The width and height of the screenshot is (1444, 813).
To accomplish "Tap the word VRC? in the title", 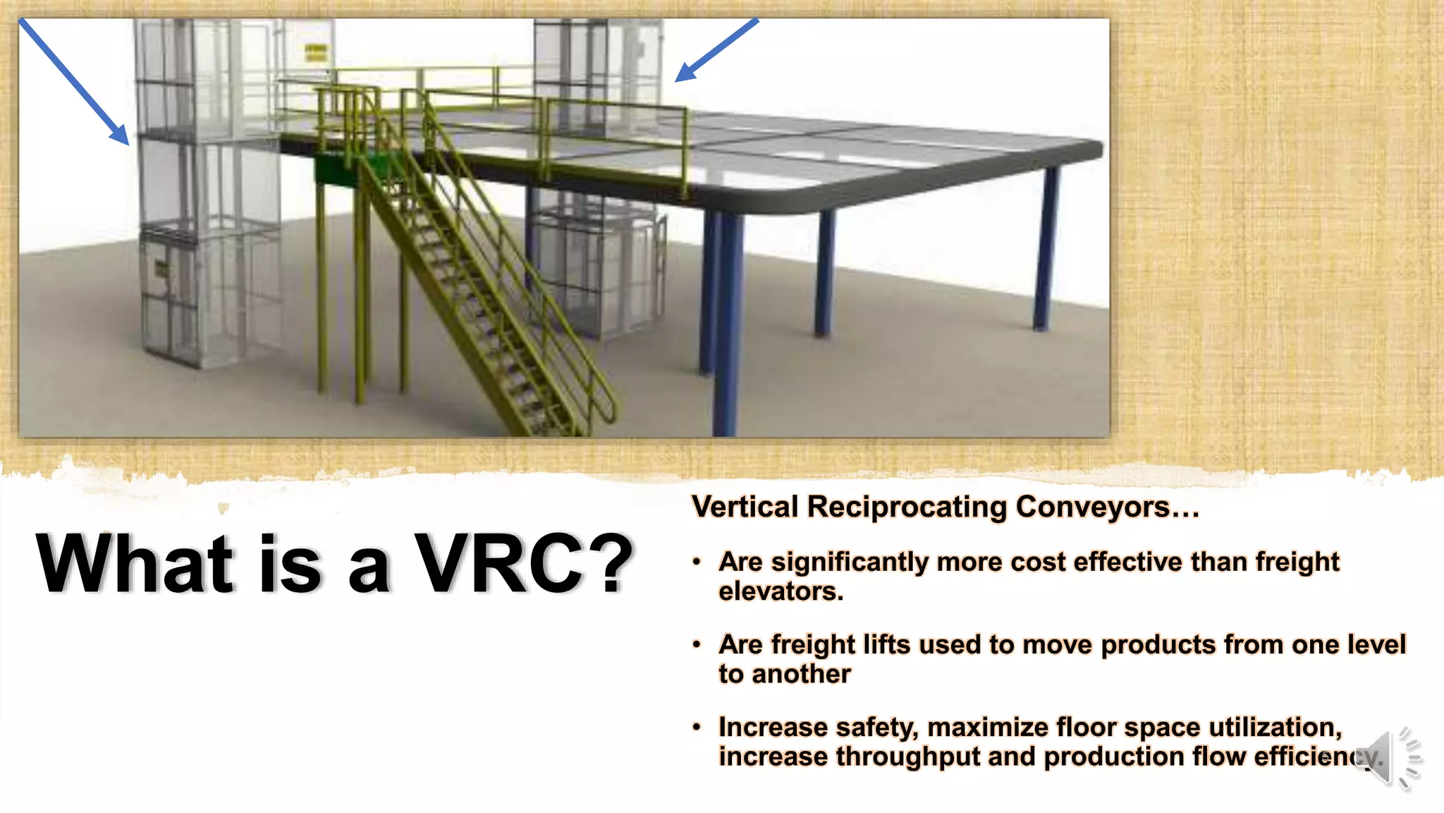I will pos(524,564).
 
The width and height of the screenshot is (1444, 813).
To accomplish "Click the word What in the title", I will pos(134,564).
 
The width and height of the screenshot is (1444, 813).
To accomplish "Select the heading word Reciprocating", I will pos(907,507).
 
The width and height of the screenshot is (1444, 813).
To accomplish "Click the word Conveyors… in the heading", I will pos(1107,507).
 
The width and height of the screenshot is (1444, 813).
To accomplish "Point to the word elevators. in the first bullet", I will pos(781,591).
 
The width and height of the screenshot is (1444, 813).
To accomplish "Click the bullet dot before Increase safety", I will pos(697,727).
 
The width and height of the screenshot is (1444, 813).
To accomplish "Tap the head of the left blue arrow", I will pos(122,136).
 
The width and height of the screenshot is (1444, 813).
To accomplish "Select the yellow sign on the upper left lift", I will pos(316,51).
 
